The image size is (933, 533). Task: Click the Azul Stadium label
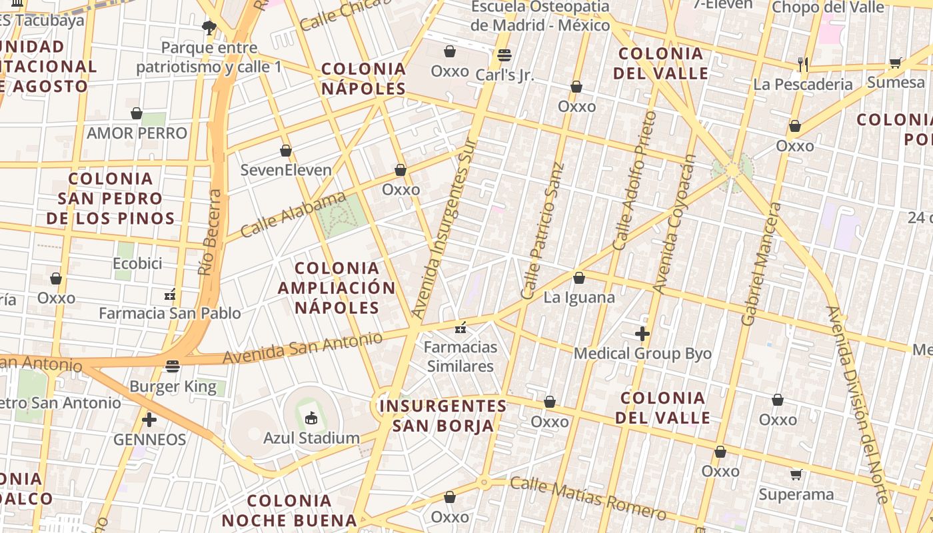311,438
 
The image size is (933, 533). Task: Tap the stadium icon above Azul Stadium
311,418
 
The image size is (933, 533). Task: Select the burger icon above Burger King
173,366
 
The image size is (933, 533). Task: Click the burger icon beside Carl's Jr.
504,55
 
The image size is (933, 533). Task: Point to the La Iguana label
579,297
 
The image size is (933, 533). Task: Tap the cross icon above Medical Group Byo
642,333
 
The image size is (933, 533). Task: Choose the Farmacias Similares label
461,356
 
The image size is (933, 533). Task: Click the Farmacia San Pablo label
170,313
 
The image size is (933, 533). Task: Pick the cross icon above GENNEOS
149,420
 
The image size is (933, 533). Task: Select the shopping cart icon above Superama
796,474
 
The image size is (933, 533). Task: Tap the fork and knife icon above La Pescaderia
803,64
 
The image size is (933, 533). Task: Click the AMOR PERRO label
137,133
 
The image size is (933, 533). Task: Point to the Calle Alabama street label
293,215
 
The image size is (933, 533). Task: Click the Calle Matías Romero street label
588,498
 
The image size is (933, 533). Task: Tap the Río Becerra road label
210,233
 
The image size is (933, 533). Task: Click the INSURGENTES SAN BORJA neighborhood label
443,415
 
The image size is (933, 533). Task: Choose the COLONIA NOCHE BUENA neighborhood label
289,510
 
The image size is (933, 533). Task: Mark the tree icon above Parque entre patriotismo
209,27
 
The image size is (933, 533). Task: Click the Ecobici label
137,263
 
